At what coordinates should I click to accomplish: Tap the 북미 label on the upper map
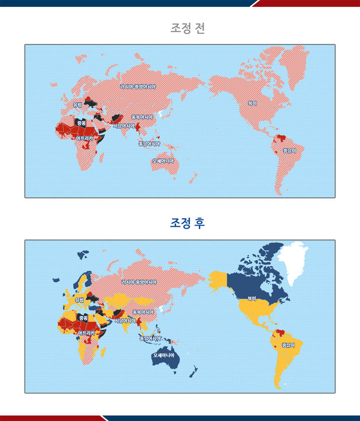coord(252,104)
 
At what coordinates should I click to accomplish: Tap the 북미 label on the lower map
coord(252,298)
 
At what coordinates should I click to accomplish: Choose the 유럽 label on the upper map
coord(77,105)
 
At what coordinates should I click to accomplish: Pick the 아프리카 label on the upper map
coord(84,138)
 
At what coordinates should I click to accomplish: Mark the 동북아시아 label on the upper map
coord(142,117)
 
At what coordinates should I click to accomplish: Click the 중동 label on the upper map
coord(81,123)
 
